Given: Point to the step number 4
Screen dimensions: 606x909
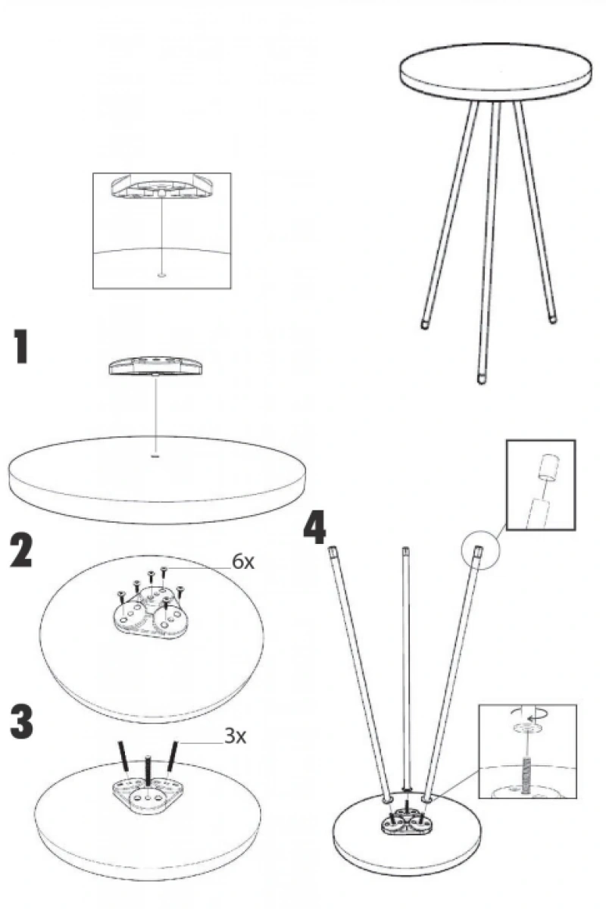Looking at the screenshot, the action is pyautogui.click(x=315, y=526).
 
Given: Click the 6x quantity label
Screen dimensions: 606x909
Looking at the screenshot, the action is pyautogui.click(x=243, y=562).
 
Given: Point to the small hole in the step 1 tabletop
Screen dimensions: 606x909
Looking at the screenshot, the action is pyautogui.click(x=155, y=456).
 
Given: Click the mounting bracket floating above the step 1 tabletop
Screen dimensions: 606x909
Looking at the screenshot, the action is pyautogui.click(x=155, y=366).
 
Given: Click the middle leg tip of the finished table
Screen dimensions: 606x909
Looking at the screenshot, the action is pyautogui.click(x=481, y=379).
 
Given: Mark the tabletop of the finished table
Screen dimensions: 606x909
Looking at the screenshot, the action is pyautogui.click(x=495, y=71).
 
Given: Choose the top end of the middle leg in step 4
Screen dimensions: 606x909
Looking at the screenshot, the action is pyautogui.click(x=405, y=551).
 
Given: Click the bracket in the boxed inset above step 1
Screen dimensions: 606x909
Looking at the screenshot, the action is pyautogui.click(x=161, y=186).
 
